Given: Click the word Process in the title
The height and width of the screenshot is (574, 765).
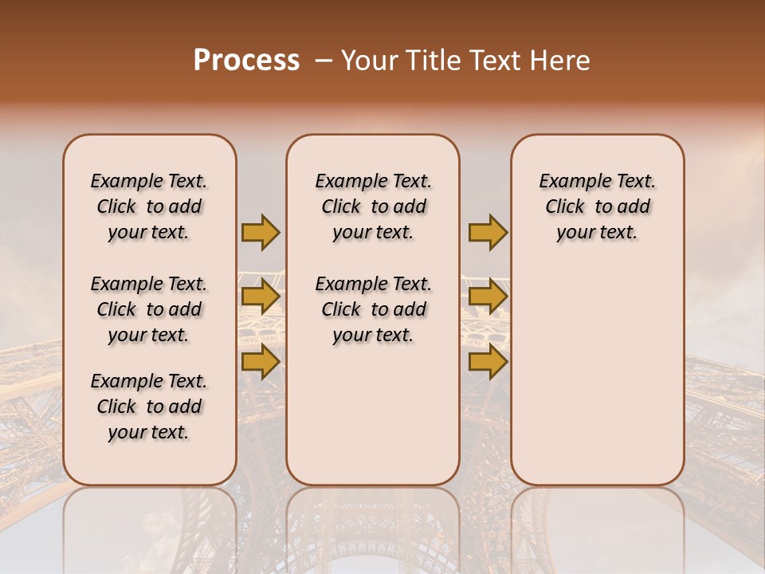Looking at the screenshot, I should [246, 61].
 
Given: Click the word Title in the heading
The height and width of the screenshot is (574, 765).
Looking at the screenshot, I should [431, 61].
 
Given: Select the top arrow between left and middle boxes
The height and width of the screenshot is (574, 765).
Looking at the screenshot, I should [261, 232].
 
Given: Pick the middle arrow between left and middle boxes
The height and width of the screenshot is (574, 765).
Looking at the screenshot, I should [261, 297].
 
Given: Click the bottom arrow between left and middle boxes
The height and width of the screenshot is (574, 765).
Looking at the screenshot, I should [261, 362].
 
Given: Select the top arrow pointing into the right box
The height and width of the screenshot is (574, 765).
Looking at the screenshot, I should [488, 232].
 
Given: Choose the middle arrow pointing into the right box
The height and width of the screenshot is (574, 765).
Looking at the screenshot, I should [488, 297].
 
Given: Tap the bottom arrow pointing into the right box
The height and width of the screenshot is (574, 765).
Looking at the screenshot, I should [488, 362].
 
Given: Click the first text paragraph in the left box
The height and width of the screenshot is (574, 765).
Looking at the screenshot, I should [149, 206].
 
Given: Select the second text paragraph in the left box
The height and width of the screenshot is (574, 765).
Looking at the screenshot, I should [149, 309].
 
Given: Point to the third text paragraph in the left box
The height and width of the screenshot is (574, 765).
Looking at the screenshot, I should [149, 407].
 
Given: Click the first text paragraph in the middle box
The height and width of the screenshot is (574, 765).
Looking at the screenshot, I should [373, 206].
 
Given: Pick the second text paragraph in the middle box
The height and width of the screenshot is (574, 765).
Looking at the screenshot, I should [373, 309].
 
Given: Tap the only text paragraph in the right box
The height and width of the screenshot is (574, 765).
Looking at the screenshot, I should [597, 206].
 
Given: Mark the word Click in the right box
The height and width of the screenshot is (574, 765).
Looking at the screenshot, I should [565, 207].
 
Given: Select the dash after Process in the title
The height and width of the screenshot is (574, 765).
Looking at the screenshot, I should [323, 61].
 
